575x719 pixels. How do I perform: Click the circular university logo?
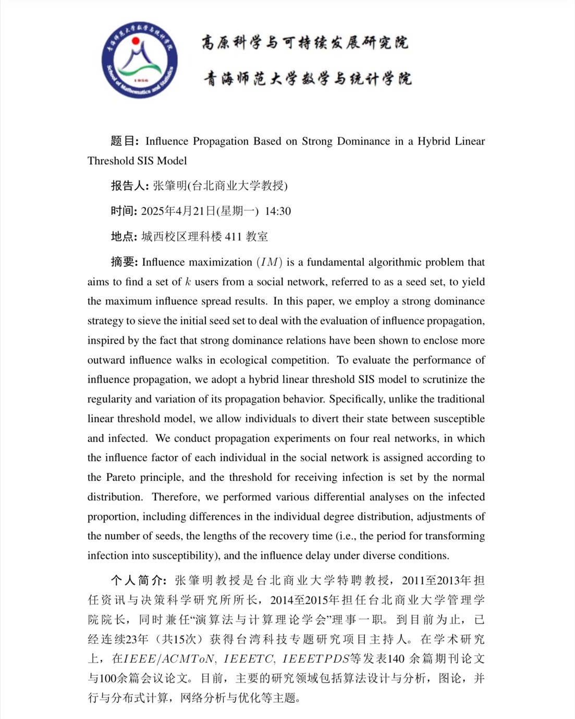coord(139,60)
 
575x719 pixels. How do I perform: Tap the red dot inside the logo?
coord(136,41)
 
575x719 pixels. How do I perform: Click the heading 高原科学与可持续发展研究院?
coord(305,43)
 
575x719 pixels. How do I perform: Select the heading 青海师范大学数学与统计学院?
coord(308,79)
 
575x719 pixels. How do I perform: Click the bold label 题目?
coord(123,141)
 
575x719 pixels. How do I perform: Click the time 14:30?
coord(278,211)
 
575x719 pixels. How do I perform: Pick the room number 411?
coord(233,237)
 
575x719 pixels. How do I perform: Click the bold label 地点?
coord(123,237)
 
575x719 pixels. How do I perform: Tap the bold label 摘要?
coord(123,262)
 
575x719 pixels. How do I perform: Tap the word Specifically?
coord(357,399)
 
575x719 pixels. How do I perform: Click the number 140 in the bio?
coord(396,659)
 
